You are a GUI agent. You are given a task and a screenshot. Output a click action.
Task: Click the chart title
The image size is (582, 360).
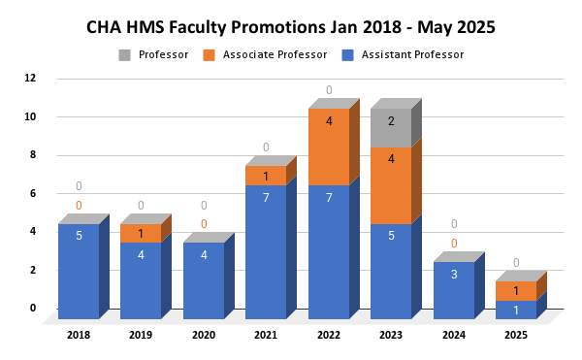point(290,27)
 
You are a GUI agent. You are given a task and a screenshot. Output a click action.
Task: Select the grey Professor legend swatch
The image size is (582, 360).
point(124,54)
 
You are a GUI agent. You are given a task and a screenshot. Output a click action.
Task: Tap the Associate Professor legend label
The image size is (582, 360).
point(275,54)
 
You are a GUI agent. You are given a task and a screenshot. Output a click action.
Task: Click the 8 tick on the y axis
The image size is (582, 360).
point(31,154)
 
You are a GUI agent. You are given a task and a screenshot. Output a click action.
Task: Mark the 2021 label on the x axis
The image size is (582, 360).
point(266,335)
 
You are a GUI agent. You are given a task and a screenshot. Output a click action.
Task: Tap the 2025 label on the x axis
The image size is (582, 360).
point(515,335)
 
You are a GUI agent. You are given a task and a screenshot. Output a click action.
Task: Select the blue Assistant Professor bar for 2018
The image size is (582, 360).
point(79,272)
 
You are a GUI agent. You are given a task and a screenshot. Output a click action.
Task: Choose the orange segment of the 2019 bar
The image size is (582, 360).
point(141,234)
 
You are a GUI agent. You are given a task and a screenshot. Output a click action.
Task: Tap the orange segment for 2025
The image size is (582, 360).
point(516,291)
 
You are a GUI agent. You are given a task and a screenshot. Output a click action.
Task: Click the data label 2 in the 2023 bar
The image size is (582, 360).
point(391,121)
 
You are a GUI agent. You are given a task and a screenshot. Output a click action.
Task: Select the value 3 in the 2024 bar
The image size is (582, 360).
point(454,275)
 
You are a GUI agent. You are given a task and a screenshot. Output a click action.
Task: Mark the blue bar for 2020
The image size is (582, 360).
point(204,281)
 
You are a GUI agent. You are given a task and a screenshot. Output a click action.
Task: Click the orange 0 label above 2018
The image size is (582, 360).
point(79,205)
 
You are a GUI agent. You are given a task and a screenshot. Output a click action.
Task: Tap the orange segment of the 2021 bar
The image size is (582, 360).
point(266,177)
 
